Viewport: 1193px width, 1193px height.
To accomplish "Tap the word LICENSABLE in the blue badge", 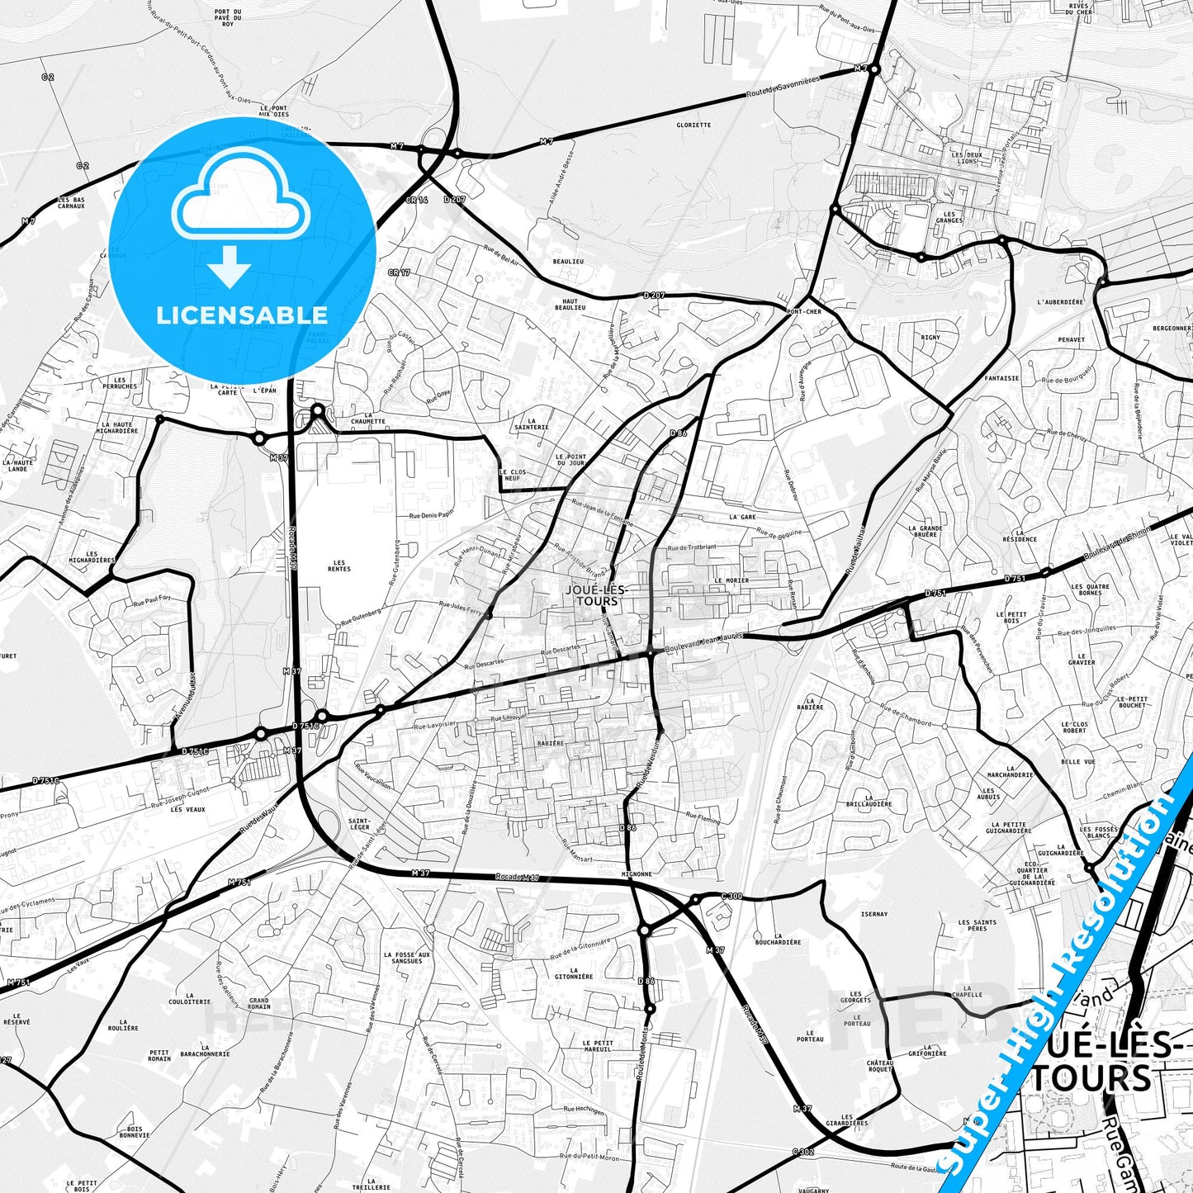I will [241, 315].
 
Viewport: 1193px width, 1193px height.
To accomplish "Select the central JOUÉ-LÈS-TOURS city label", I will [596, 595].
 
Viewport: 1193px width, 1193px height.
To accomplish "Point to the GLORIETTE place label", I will [693, 125].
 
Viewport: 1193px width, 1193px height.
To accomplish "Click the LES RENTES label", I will [338, 566].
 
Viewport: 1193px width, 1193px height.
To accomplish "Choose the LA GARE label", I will [742, 517].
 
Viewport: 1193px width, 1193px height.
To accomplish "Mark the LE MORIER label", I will [731, 580].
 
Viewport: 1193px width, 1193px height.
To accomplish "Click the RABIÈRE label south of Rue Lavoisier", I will [551, 743].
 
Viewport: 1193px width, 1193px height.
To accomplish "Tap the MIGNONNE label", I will [637, 873].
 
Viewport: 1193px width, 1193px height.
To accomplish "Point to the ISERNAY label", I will [874, 914].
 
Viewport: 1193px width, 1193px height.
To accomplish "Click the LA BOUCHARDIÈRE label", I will [778, 938].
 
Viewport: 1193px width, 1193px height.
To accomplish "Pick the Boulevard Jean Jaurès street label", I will [703, 641].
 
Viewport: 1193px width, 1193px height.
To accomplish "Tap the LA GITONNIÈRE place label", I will [573, 973].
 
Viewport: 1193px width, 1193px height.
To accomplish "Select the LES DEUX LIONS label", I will [967, 158].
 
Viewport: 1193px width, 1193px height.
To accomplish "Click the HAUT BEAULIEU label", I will [570, 305].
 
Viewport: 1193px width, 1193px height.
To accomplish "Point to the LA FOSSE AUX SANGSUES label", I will [407, 958].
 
